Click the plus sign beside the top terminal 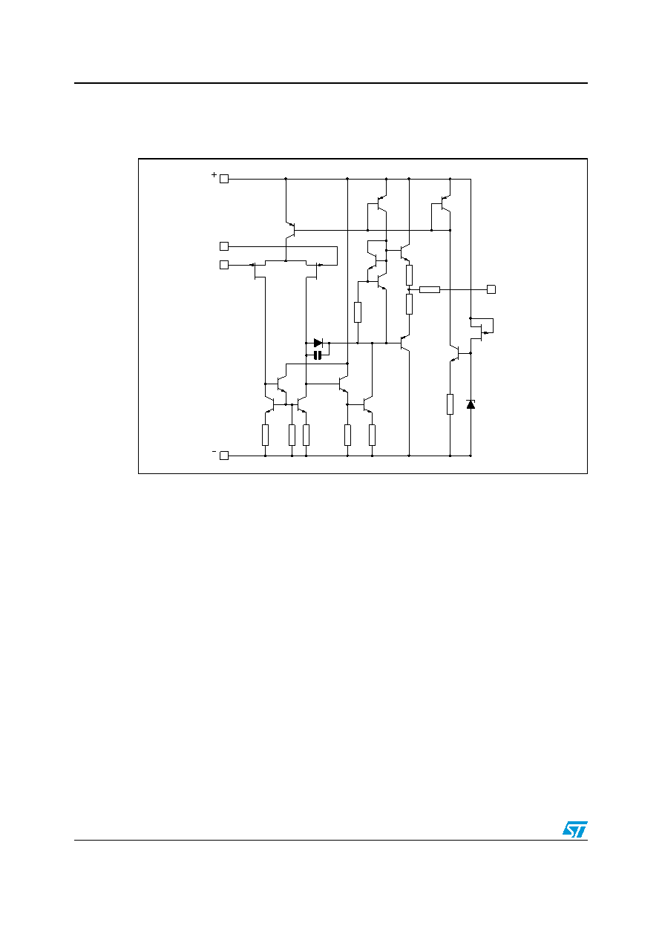214,175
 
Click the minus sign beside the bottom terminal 214,451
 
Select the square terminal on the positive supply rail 224,179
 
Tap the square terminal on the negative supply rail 224,456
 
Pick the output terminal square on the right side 491,289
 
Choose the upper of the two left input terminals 224,246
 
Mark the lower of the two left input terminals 224,265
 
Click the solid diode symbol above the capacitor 318,343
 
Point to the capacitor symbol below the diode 318,355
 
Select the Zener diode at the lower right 471,404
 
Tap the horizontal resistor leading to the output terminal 430,289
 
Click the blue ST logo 575,829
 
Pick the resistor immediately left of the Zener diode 450,404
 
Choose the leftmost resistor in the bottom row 265,435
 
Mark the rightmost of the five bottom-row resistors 372,435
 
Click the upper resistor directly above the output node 409,274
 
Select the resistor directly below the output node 409,304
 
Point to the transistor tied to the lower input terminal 258,270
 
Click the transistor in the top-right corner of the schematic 445,204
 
